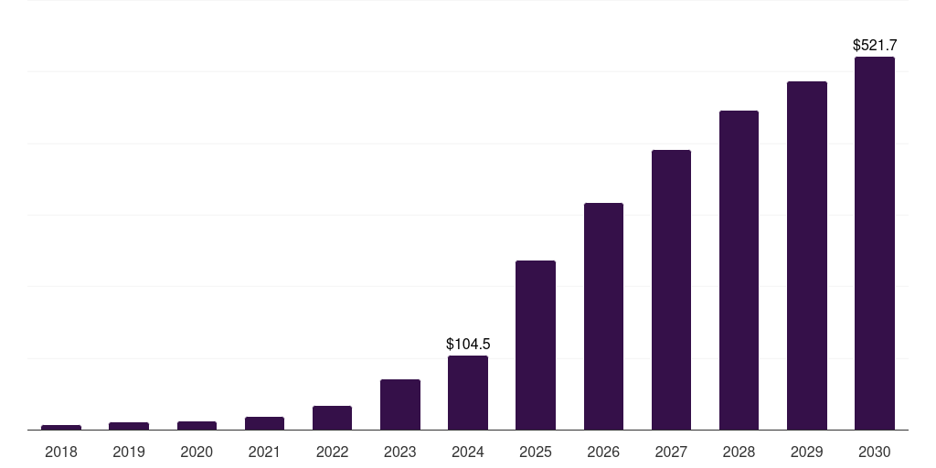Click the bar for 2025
click(x=535, y=346)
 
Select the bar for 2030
click(x=874, y=243)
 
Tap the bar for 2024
click(x=467, y=393)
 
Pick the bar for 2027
click(x=671, y=290)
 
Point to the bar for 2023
click(x=399, y=404)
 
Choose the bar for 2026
click(x=603, y=316)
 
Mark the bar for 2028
click(x=739, y=271)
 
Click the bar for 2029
click(x=806, y=256)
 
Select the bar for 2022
click(x=332, y=418)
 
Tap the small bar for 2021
click(x=264, y=423)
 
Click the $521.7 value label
click(x=874, y=45)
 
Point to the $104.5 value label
click(x=467, y=344)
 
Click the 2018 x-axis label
click(x=61, y=452)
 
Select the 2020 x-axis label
click(x=197, y=452)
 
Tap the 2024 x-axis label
click(x=467, y=452)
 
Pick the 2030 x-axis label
click(x=874, y=452)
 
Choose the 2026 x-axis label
click(x=603, y=452)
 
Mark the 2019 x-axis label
click(x=129, y=452)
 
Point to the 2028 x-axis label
click(x=739, y=452)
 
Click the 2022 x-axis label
click(x=332, y=452)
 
